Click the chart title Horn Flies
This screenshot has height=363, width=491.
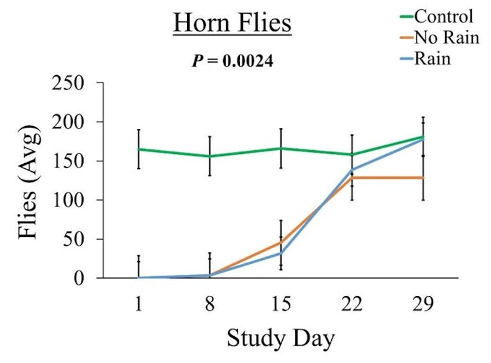[233, 24]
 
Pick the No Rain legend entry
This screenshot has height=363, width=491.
[446, 37]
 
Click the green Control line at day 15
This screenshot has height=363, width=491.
[281, 148]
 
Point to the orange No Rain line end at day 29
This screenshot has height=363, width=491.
[423, 177]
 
